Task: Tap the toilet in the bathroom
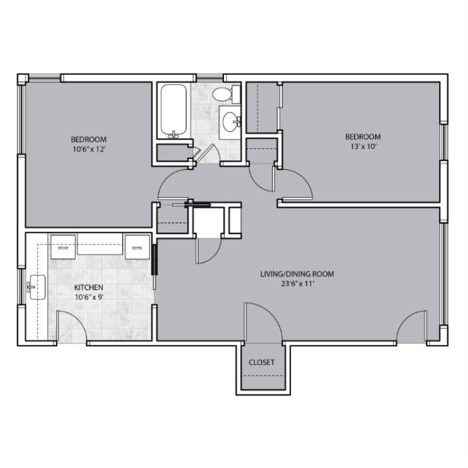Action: tap(224, 94)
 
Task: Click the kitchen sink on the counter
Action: tap(33, 288)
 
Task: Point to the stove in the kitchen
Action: tap(63, 246)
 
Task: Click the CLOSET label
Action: tap(261, 362)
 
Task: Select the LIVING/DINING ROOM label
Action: tap(297, 274)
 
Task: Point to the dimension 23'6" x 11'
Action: tap(297, 284)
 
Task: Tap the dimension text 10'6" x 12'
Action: tap(89, 149)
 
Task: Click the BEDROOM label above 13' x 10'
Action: tap(362, 137)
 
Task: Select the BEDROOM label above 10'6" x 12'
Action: tap(89, 139)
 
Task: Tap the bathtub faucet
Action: tap(173, 133)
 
